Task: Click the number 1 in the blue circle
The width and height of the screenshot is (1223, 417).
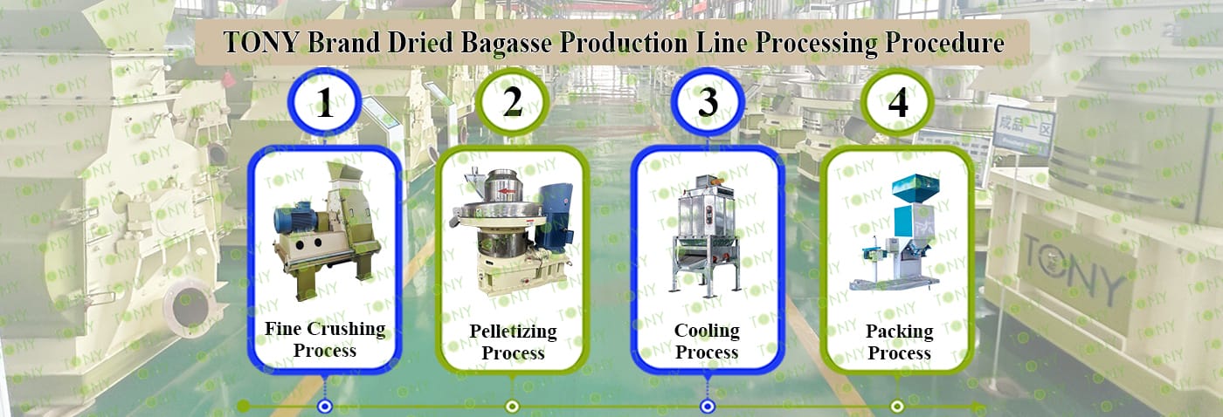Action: (x=325, y=106)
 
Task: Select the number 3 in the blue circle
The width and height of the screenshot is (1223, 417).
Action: (x=708, y=103)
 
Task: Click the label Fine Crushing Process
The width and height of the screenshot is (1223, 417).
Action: (x=325, y=339)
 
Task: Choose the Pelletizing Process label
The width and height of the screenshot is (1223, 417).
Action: (x=513, y=342)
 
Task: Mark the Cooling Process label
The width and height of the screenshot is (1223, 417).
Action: (x=707, y=342)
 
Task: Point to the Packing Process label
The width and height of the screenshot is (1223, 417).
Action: (x=899, y=342)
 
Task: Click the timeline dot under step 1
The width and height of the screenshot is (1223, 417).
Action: (x=325, y=406)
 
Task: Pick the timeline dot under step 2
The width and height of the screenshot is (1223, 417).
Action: (x=513, y=406)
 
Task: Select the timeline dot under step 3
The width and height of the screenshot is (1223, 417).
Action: (x=708, y=406)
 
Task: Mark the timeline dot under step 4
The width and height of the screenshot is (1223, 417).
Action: (x=897, y=406)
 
